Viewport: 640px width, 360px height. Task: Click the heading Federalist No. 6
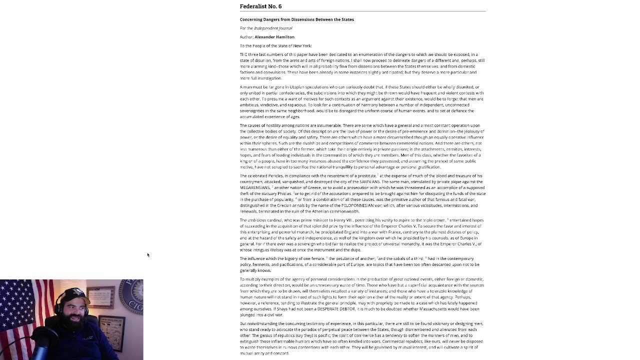coord(260,6)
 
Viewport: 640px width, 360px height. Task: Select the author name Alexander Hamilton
coord(274,37)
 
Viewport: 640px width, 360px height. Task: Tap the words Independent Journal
coord(273,28)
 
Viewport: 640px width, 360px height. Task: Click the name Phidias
coord(283,193)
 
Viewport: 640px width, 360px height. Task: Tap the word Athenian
coord(314,211)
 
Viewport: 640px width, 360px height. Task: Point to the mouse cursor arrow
coord(148,255)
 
